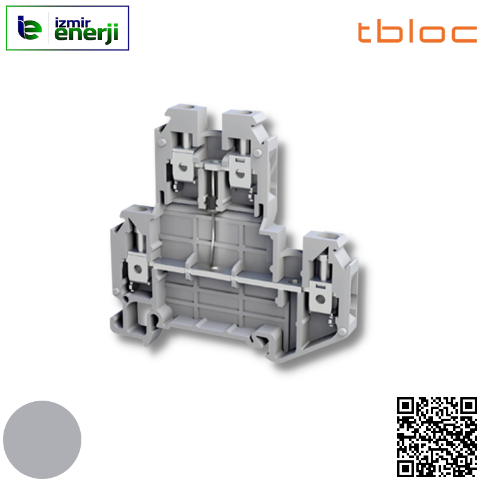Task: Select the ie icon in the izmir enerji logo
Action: [x=29, y=28]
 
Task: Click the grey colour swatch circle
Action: [x=42, y=440]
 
